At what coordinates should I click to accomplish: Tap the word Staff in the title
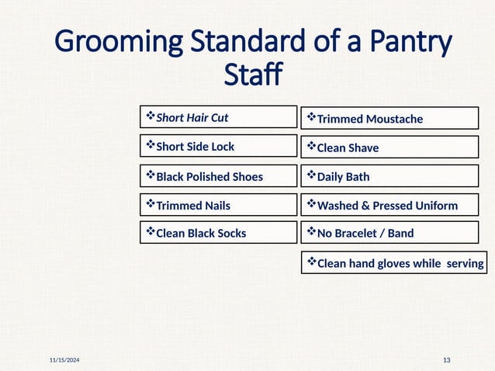pos(252,76)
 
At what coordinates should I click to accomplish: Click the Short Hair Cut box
pos(218,117)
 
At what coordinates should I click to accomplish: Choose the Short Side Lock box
pos(218,146)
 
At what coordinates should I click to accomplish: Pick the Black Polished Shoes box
pos(218,176)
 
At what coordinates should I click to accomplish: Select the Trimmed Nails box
pos(218,205)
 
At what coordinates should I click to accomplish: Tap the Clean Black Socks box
pos(218,232)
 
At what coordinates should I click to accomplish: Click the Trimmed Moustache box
pos(389,118)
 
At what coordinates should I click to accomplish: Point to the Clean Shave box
pos(389,147)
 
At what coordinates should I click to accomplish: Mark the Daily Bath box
pos(389,176)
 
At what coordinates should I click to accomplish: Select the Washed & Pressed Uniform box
pos(389,205)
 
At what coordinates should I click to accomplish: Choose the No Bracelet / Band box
pos(389,232)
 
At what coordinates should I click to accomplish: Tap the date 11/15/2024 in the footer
pos(64,361)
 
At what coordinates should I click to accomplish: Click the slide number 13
pos(446,361)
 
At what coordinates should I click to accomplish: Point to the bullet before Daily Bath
pos(311,175)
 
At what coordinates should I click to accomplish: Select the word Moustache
pos(395,119)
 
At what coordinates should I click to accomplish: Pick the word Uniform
pos(436,206)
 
